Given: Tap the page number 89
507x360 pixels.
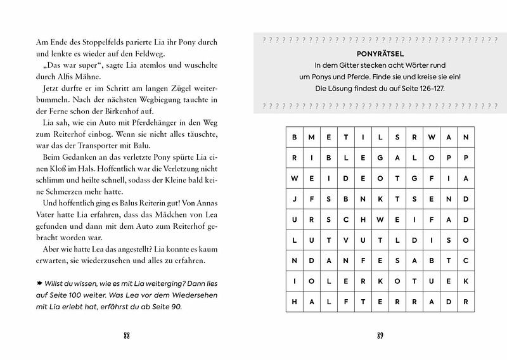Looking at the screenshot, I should (380, 335).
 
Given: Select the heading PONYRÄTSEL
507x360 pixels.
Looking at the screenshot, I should (380, 55).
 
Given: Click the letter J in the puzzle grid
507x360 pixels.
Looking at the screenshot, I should (294, 197).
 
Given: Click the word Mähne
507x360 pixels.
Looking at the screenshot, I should (89, 77).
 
